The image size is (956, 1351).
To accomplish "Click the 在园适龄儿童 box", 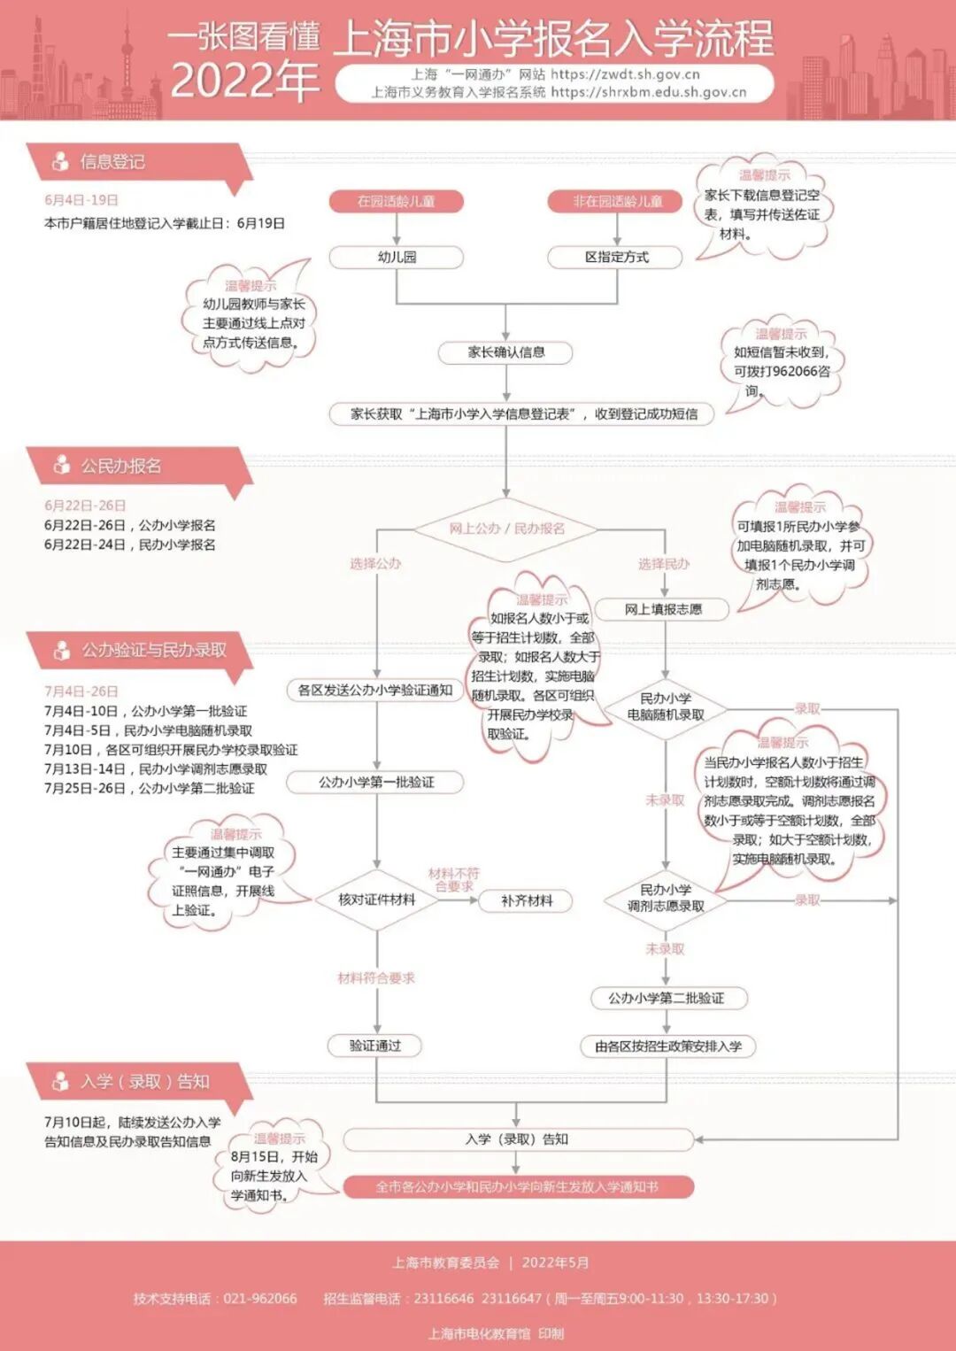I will (397, 201).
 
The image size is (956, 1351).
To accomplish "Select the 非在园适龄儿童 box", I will (617, 201).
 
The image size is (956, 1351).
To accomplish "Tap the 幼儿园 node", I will (397, 257).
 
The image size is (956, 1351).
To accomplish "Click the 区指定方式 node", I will (616, 257).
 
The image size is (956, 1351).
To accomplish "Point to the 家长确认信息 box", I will (506, 352).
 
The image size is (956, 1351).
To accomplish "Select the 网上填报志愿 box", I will (663, 609).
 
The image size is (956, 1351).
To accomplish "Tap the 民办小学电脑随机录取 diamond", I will (666, 706).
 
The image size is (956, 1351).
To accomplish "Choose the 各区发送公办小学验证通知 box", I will (375, 690).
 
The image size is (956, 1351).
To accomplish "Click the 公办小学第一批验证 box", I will (376, 782).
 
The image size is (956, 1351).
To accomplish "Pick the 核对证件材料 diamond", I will (376, 899).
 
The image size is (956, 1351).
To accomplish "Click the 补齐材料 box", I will (527, 900).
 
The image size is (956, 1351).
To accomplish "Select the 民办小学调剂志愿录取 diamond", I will (666, 898).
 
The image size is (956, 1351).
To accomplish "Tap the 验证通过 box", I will (375, 1046).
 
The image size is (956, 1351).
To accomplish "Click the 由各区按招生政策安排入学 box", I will (668, 1046).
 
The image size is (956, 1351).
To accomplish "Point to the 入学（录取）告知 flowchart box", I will (517, 1139).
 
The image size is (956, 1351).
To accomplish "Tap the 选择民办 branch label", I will (664, 564).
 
